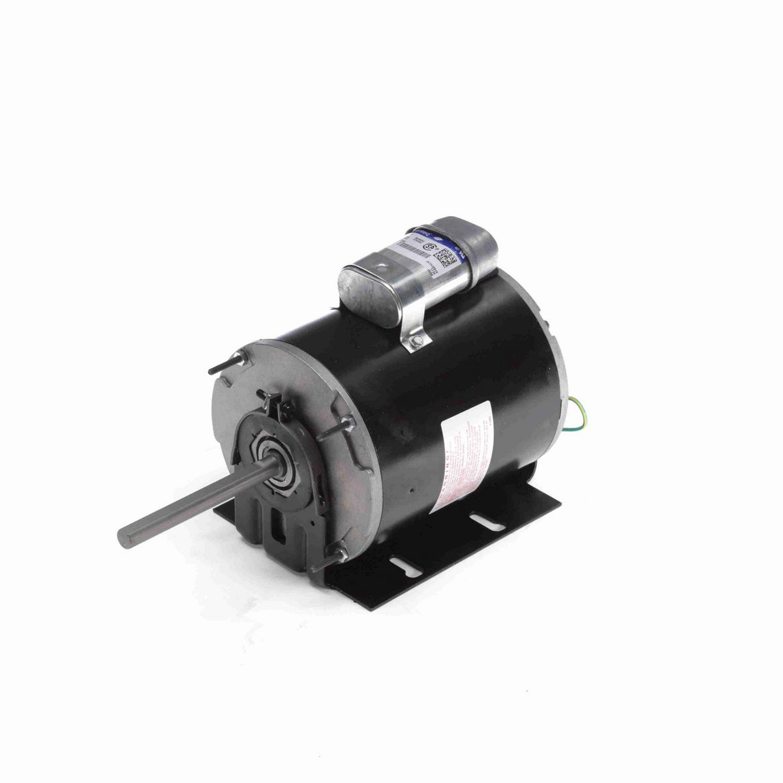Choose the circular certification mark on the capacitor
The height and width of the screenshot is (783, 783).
[432, 249]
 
